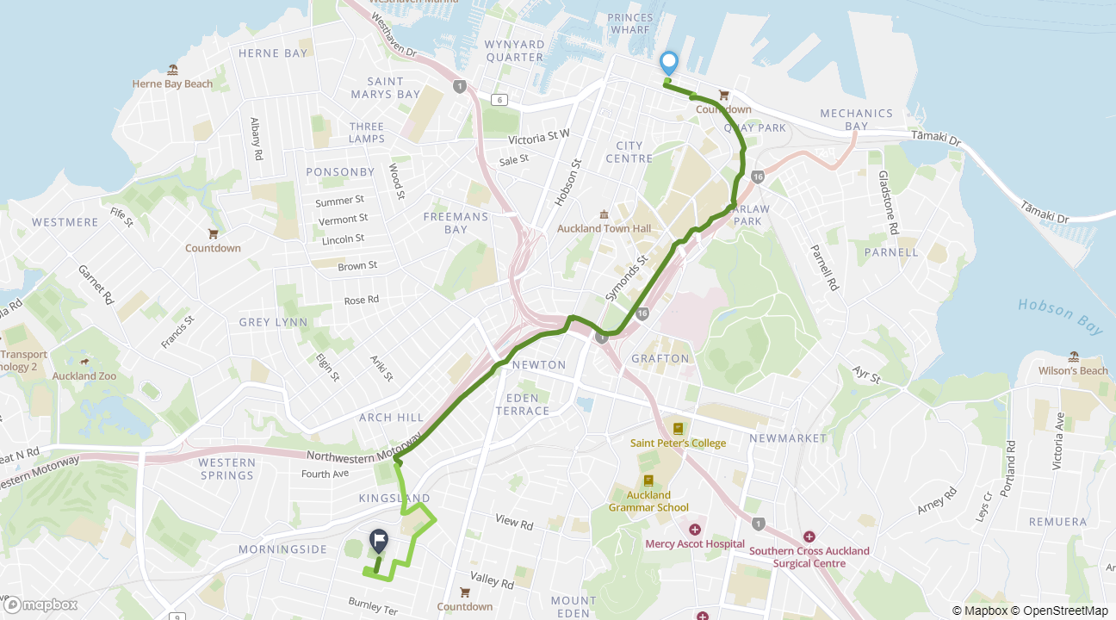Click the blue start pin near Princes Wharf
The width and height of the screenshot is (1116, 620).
pos(668,63)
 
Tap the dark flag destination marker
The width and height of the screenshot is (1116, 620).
pos(379,541)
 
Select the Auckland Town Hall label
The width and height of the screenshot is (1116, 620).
pos(604,228)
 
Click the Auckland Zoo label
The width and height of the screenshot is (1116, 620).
pos(84,375)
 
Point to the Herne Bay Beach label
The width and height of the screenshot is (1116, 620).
pos(172,84)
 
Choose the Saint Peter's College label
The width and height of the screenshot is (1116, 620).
pos(678,443)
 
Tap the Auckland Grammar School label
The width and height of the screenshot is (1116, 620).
pos(648,501)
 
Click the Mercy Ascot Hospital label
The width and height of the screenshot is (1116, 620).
pos(695,543)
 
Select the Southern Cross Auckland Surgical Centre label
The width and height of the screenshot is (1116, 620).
pos(809,556)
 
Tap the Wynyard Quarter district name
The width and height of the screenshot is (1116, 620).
pos(514,51)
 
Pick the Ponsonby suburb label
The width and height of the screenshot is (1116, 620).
pos(340,171)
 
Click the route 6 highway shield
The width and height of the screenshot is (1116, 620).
pos(499,100)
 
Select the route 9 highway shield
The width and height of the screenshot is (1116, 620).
pos(177,617)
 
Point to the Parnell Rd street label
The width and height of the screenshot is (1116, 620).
pos(824,267)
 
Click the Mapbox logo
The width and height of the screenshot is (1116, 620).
pos(40,604)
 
